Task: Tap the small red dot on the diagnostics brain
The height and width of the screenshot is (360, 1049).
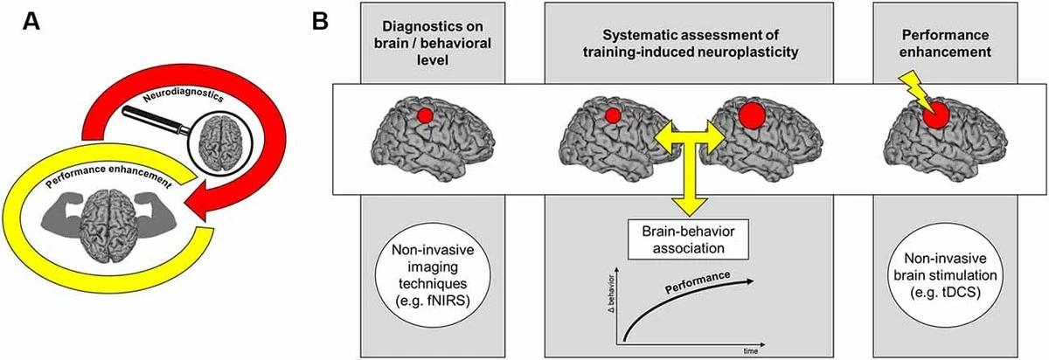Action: pyautogui.click(x=424, y=114)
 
